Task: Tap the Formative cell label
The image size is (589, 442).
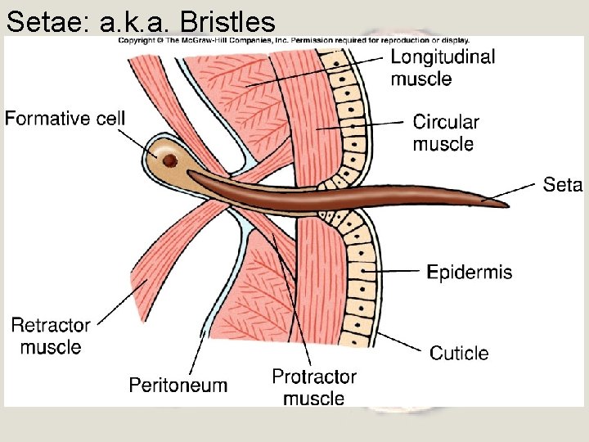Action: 65,119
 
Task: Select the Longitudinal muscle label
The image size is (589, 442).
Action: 442,68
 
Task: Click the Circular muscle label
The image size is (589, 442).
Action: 445,133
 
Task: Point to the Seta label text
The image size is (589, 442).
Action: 562,185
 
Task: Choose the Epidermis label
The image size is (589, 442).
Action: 470,272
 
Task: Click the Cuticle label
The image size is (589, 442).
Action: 459,354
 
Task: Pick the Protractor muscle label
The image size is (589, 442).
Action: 314,387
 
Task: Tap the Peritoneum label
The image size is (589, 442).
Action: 178,385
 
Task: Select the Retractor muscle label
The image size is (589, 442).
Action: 50,336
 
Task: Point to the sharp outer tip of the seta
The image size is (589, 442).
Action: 506,203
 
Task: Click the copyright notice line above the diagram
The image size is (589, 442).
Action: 294,39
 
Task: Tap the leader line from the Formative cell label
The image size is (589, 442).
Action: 144,140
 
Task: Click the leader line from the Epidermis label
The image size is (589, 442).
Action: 398,269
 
